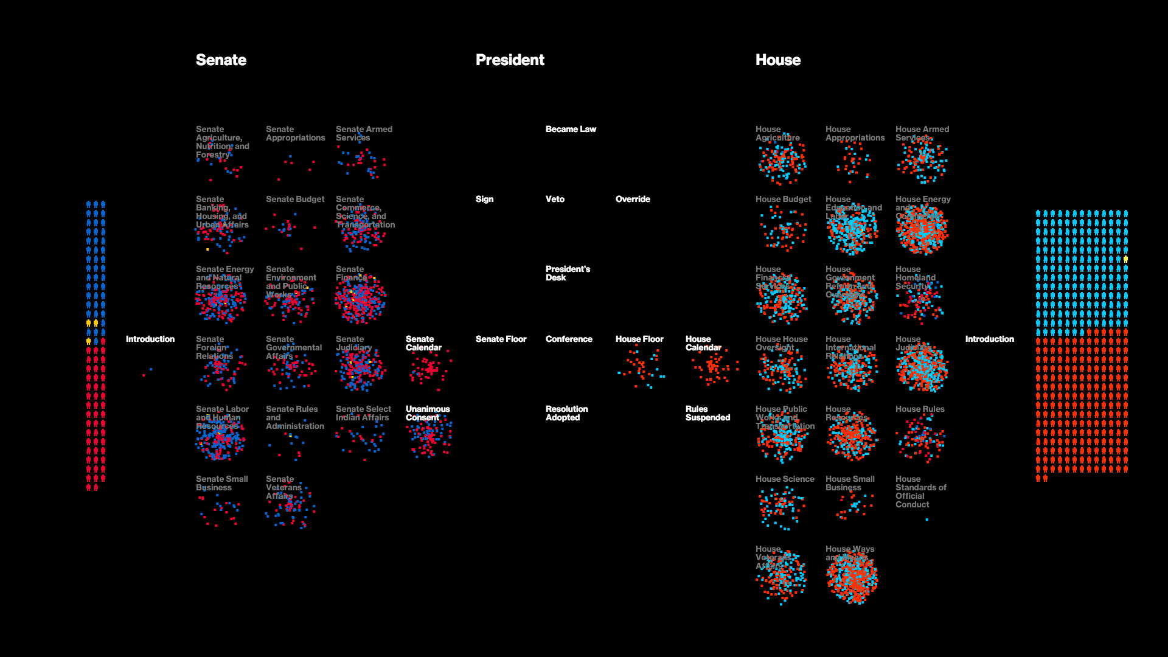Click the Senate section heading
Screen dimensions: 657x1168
pos(221,60)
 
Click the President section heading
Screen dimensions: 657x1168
pos(510,60)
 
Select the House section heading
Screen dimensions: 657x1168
pos(777,60)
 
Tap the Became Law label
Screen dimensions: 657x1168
pos(571,129)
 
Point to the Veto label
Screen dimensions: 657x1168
pos(555,199)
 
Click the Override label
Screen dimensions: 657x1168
pos(633,199)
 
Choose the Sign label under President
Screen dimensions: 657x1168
pos(484,199)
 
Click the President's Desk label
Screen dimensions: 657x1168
pos(568,273)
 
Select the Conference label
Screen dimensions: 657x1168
pos(569,339)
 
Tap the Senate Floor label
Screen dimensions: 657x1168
pos(501,339)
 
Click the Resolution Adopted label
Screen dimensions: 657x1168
pos(566,413)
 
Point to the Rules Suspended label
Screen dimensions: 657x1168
pos(707,413)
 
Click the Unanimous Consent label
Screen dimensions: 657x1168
pos(428,413)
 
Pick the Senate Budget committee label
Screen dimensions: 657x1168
pos(295,199)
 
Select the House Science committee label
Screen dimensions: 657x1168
pos(785,479)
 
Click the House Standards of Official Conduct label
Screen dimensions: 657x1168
pos(920,492)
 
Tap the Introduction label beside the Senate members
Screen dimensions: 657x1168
pos(150,339)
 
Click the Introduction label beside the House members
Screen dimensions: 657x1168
pos(989,339)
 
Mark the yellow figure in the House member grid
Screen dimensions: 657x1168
pos(1125,259)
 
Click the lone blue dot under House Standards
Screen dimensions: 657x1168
pos(926,520)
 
